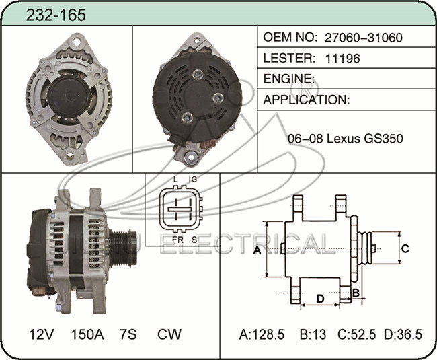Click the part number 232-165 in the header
coord(56,15)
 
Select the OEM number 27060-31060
coord(364,38)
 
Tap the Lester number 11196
coord(342,59)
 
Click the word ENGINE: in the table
coord(289,79)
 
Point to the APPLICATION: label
coord(307,100)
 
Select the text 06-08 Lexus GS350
coord(346,139)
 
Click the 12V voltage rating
coord(42,334)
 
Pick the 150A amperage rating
coord(87,334)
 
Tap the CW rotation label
coord(169,334)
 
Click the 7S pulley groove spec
coord(128,334)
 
